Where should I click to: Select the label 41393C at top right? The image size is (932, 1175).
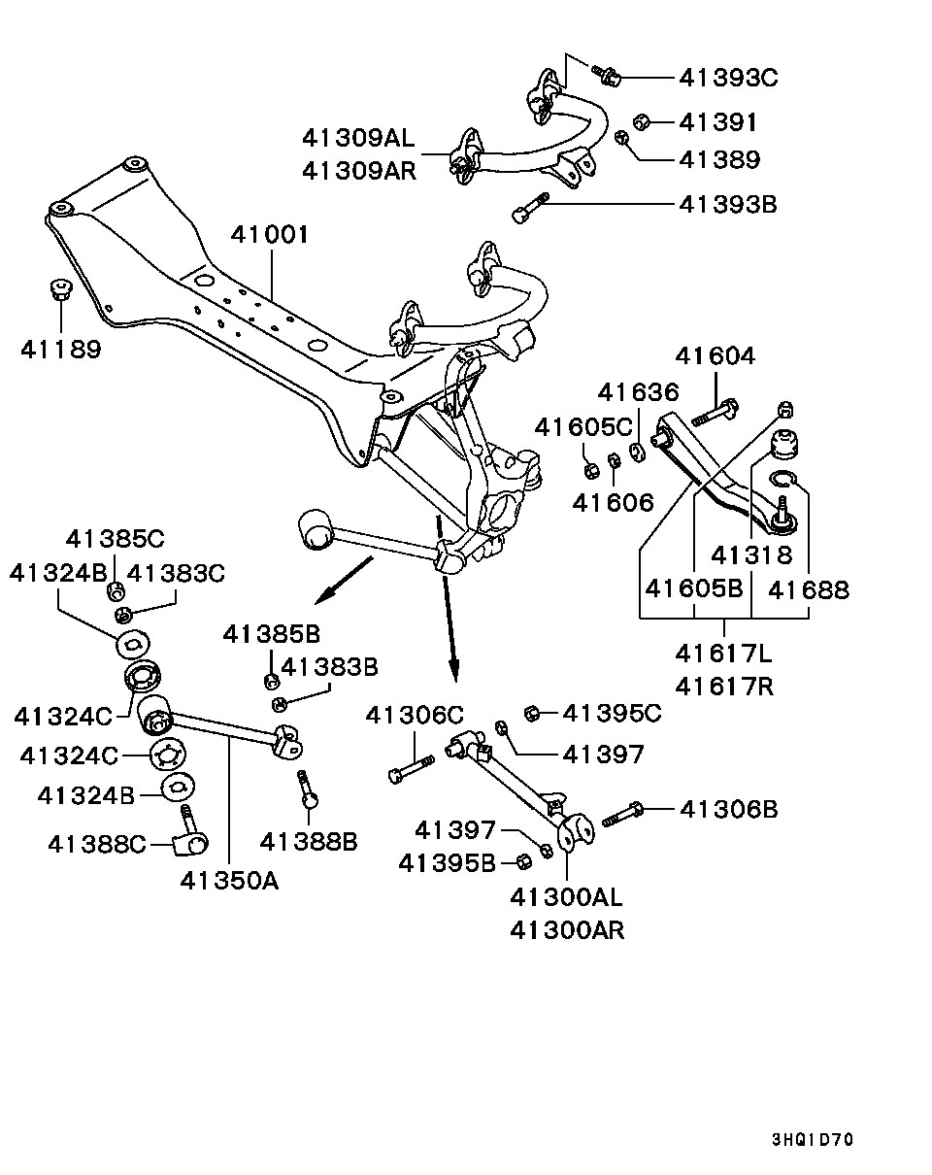point(729,78)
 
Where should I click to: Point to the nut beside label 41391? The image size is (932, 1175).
point(641,121)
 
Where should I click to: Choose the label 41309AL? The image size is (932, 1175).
point(358,138)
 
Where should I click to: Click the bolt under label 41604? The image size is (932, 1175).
point(714,414)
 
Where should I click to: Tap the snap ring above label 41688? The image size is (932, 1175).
point(782,478)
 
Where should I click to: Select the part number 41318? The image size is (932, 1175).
point(751,555)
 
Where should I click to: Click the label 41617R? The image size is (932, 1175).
point(724,687)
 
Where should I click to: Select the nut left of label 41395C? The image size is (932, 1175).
point(531,714)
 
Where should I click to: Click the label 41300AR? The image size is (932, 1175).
point(567,929)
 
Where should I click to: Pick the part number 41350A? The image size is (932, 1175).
point(229,880)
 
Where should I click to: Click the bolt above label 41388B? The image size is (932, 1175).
point(308,789)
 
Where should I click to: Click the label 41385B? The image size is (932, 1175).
point(272,634)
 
